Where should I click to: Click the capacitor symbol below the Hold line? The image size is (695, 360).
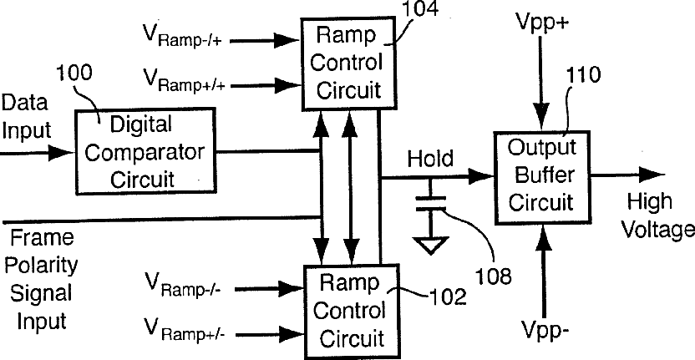[430, 203]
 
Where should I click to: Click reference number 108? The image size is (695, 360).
[494, 276]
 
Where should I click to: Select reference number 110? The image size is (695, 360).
[582, 75]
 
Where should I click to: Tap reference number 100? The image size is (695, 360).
[74, 73]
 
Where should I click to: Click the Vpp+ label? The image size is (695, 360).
[542, 21]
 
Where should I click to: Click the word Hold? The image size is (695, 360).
[430, 159]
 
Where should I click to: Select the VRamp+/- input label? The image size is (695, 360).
[184, 329]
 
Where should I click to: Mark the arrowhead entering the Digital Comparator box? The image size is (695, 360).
[61, 153]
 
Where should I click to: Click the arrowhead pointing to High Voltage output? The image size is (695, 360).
[652, 175]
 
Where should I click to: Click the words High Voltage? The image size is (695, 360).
[657, 215]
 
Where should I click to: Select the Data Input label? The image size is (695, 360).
[25, 117]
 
